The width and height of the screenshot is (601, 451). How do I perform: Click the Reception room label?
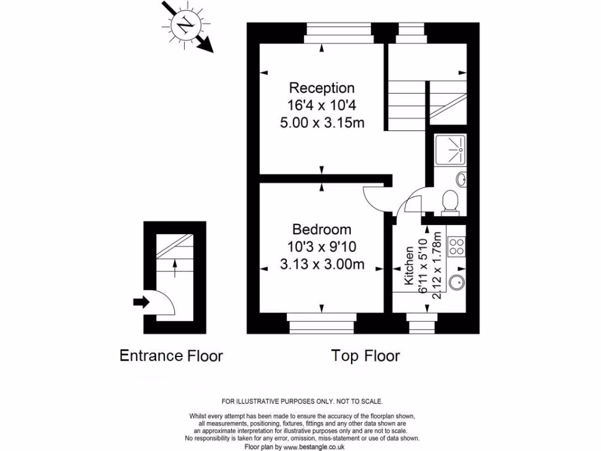322,88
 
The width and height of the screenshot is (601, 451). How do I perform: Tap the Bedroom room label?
322,230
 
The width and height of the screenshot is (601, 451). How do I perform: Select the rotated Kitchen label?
409,265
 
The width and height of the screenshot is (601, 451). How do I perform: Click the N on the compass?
186,25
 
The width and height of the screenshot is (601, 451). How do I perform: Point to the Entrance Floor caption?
171,355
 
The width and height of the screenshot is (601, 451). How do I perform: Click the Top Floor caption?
365,355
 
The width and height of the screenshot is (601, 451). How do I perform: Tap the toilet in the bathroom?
450,202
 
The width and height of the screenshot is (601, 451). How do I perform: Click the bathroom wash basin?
461,179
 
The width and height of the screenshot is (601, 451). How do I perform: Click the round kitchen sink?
457,281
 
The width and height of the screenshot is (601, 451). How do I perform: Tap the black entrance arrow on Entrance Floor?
141,302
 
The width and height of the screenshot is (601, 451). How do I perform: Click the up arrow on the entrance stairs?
175,268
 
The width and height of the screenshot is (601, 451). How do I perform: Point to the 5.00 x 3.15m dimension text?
322,123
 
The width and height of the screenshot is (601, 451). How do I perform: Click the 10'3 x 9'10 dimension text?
322,247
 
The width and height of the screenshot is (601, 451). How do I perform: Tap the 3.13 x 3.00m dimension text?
322,264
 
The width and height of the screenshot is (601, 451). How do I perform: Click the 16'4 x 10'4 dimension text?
322,105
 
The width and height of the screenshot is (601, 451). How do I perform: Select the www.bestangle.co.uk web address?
314,447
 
